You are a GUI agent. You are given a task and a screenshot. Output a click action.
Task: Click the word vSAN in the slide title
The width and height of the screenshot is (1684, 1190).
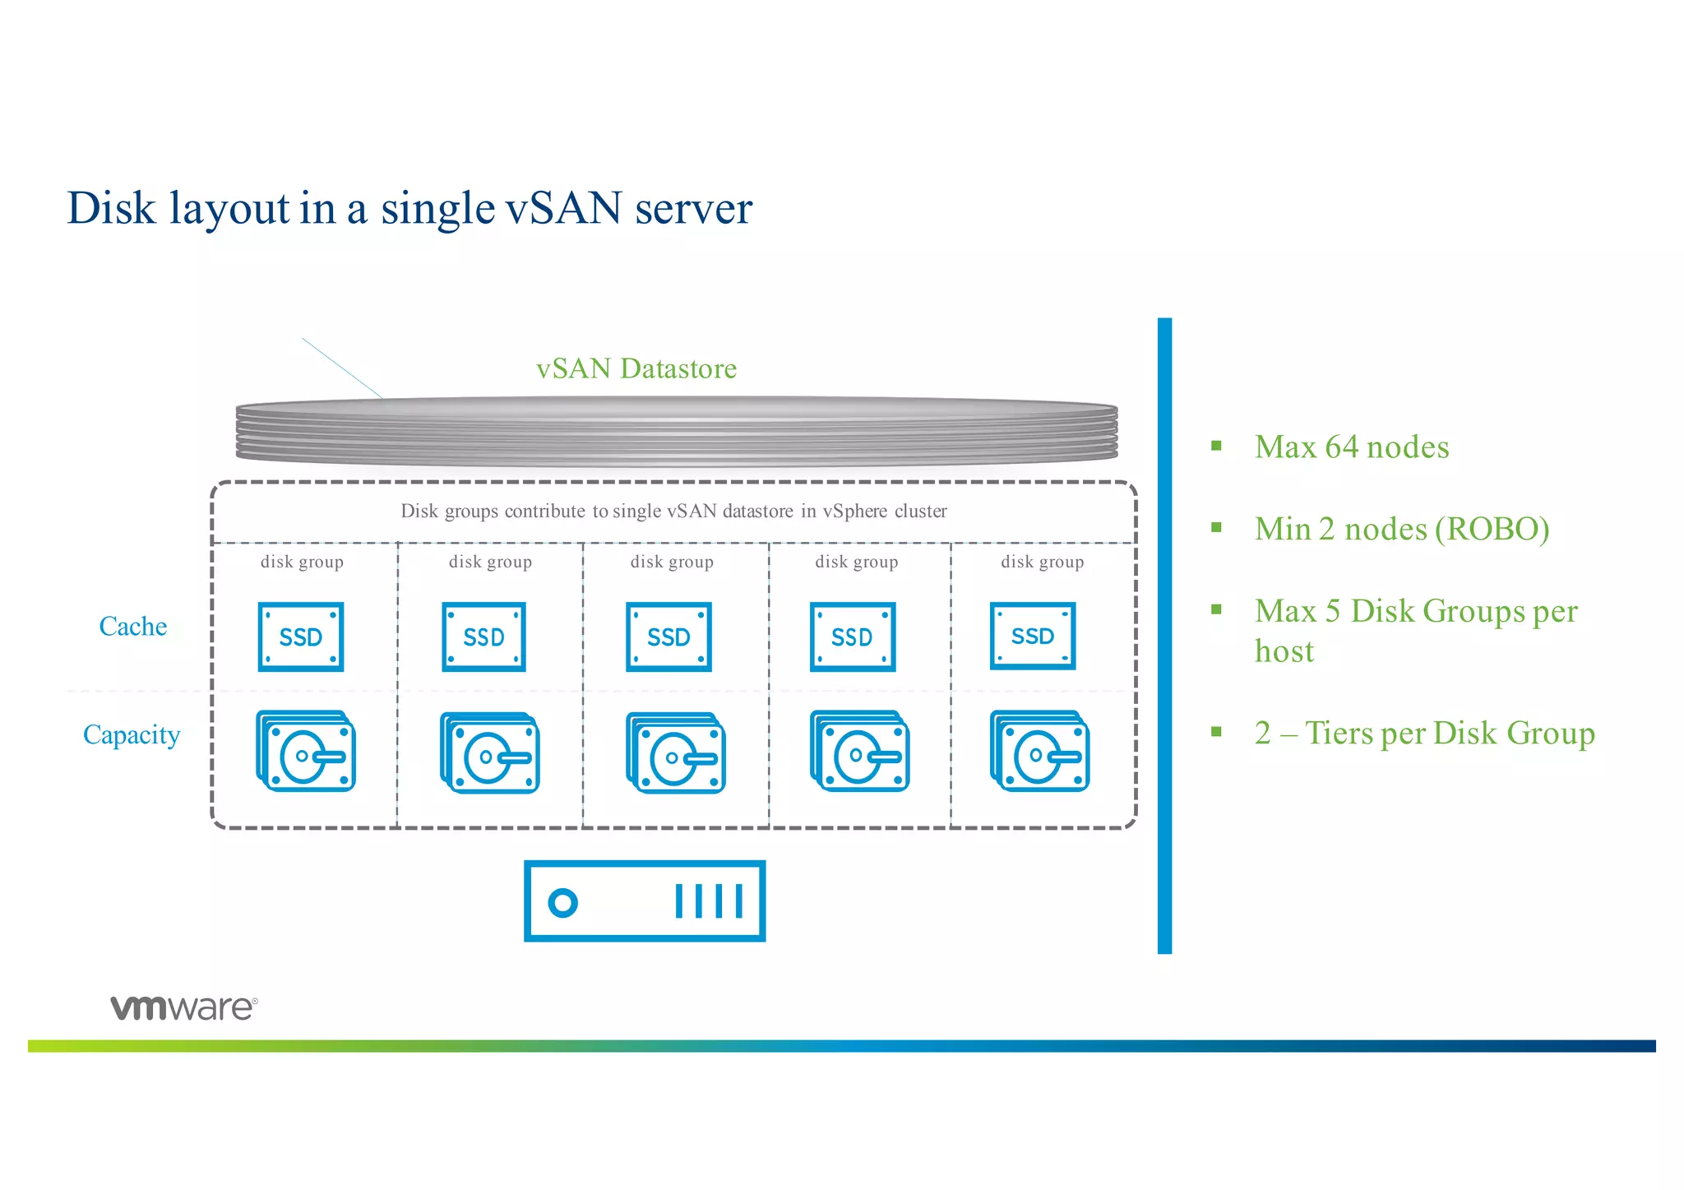[x=563, y=207]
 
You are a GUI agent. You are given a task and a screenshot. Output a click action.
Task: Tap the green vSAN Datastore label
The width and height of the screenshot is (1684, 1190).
[x=636, y=368]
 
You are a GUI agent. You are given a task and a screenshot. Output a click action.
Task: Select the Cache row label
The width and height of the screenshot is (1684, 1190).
[x=132, y=627]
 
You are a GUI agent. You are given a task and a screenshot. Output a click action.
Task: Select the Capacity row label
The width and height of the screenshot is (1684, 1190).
[x=132, y=734]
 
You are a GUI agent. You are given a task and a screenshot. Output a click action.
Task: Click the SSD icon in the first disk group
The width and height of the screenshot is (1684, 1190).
[x=301, y=637]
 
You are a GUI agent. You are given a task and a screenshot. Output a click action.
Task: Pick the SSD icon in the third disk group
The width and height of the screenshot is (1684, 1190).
[x=669, y=637]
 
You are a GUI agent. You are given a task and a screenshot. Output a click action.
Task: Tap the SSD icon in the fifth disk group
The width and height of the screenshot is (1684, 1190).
[x=1033, y=636]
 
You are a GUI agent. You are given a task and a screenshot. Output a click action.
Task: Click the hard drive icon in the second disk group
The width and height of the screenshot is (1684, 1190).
[x=490, y=752]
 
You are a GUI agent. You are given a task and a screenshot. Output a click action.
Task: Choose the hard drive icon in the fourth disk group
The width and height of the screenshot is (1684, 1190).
[x=859, y=751]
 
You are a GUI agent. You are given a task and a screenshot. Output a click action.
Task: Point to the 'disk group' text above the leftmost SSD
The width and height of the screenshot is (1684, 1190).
[x=302, y=562]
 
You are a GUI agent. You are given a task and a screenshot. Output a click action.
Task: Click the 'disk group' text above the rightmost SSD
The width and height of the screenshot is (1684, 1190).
[x=1042, y=562]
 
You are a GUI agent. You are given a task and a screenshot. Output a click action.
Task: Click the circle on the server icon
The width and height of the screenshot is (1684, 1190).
[x=563, y=902]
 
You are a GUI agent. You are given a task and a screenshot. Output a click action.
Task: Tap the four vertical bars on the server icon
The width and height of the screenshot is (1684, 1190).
[x=709, y=901]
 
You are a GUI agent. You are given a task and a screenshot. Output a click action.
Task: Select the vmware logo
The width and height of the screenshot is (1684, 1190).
[x=184, y=1007]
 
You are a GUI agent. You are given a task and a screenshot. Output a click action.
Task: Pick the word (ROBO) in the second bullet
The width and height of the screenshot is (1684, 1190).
[x=1492, y=529]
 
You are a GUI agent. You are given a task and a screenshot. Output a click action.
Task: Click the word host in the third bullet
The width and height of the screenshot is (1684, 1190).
[x=1284, y=651]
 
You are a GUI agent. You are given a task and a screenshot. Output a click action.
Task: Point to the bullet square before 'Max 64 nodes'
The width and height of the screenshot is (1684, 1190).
[x=1216, y=447]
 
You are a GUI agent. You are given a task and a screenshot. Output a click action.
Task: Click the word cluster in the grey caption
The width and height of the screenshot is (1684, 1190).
[x=920, y=511]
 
